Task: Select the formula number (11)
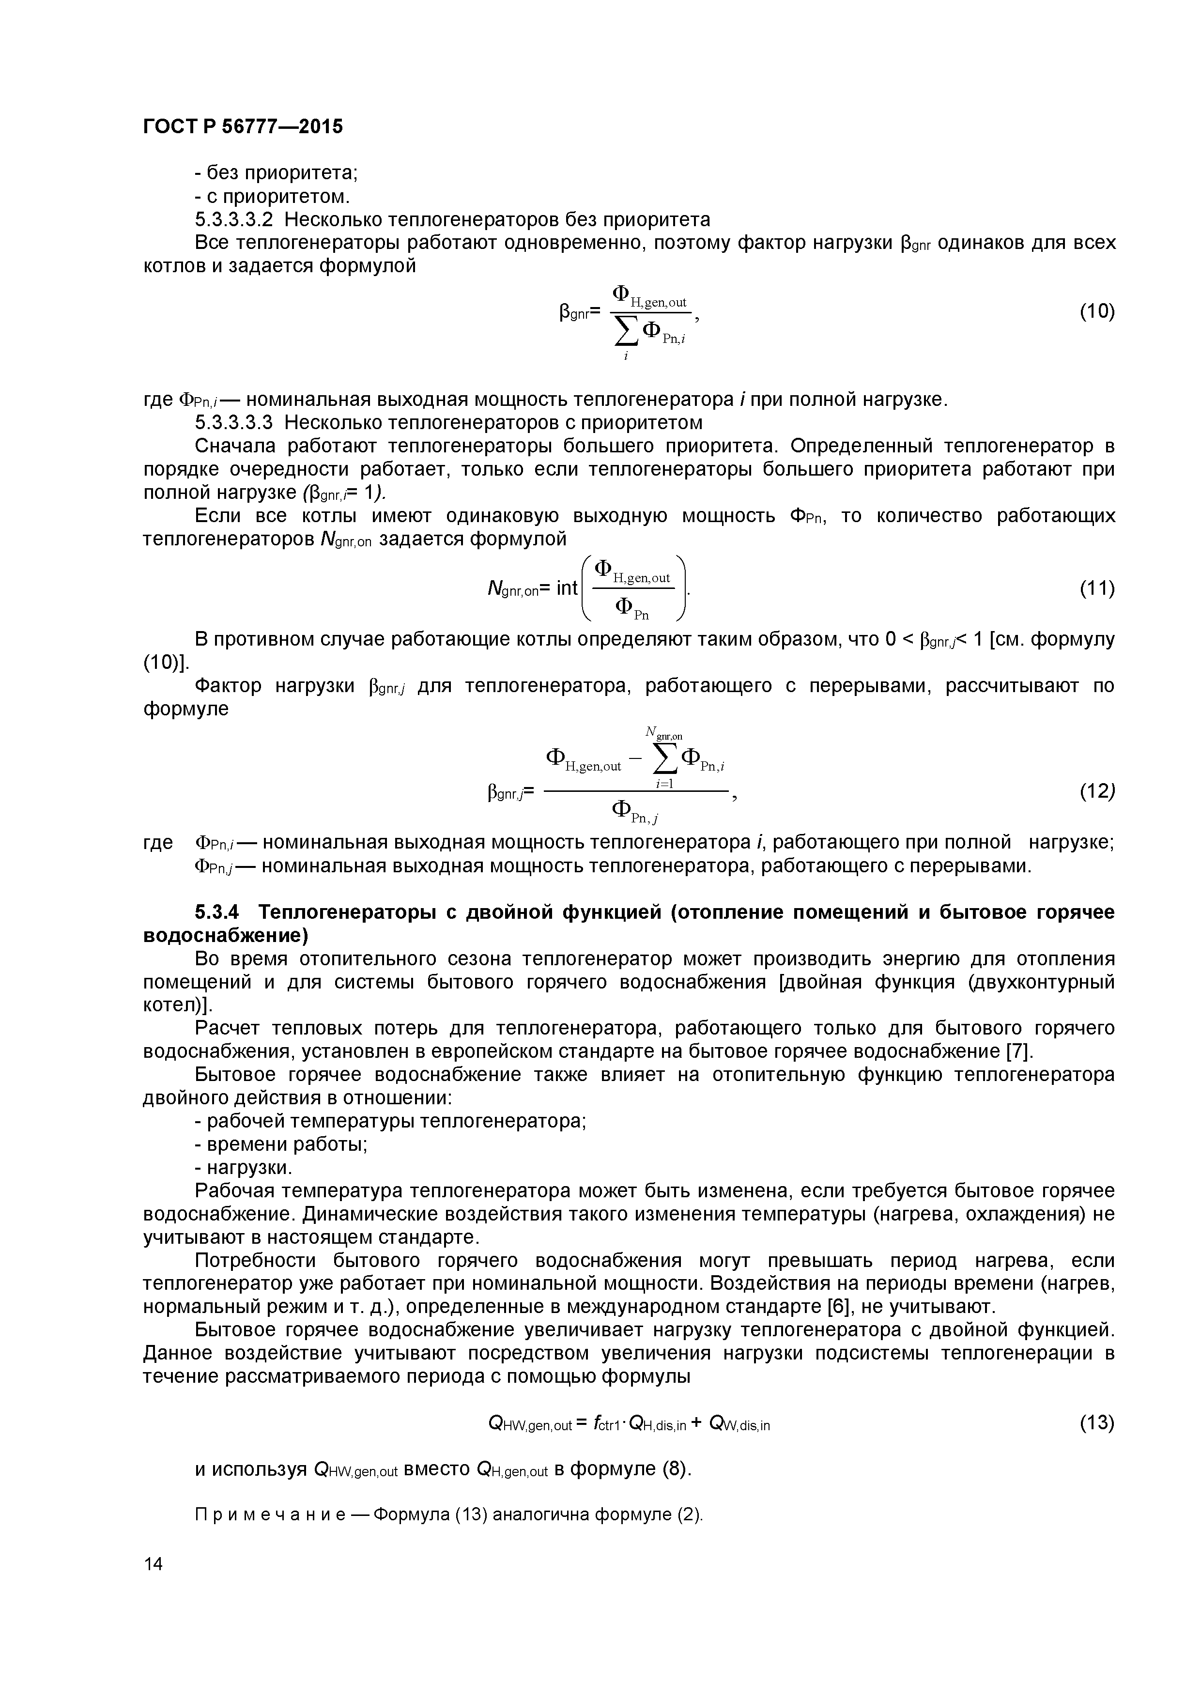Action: click(x=1096, y=588)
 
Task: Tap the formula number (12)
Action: click(x=1096, y=792)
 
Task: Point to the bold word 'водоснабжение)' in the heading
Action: click(x=225, y=935)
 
